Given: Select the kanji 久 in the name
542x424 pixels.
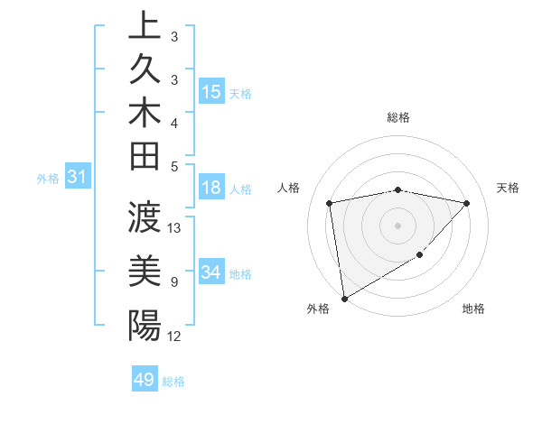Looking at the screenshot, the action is tap(145, 71).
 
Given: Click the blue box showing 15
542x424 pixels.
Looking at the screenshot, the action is tap(211, 92).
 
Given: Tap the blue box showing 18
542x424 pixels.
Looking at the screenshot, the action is tap(211, 188).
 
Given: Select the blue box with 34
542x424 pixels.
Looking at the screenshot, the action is tap(211, 272).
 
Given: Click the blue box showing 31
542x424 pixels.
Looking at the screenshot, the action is tap(78, 178).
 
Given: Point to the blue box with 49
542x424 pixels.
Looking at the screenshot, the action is tap(145, 380).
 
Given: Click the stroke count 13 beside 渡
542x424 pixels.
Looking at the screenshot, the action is tap(175, 227).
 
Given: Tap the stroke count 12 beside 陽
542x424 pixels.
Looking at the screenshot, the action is tap(175, 336).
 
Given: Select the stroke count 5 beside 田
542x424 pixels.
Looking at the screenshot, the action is tap(173, 165).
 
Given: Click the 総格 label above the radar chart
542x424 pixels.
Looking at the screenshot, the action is tap(397, 117).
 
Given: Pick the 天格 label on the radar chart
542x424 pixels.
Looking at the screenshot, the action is tap(508, 188).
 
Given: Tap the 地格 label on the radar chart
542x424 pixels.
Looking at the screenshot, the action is tap(473, 309).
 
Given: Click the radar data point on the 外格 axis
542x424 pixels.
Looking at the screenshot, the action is tap(344, 298).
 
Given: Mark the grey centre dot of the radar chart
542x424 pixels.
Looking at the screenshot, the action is tap(397, 225).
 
